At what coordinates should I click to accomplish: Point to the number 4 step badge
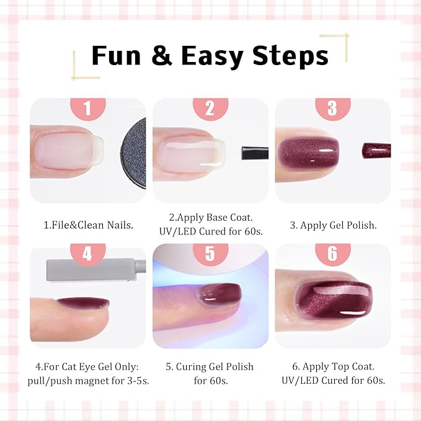click(x=87, y=254)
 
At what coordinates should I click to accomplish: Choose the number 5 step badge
click(x=210, y=254)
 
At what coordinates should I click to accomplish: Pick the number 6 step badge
click(x=332, y=254)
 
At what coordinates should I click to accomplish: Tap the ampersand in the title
click(x=161, y=56)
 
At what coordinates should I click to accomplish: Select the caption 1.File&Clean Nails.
click(x=88, y=225)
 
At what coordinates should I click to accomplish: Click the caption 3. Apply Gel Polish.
click(x=332, y=225)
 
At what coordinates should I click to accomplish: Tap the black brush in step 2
click(x=254, y=153)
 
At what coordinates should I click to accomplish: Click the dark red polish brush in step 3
click(x=376, y=150)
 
